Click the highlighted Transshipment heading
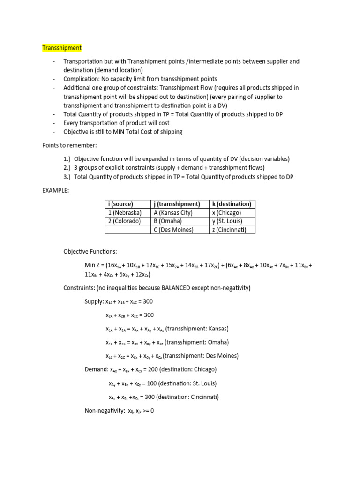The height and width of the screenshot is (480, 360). tap(62, 48)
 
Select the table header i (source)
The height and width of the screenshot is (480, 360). tap(121, 204)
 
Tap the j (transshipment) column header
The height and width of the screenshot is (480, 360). tap(177, 204)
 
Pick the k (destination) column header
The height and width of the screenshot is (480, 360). tap(232, 204)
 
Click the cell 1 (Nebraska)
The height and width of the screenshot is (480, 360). tap(125, 212)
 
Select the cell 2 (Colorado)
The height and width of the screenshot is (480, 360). tap(124, 221)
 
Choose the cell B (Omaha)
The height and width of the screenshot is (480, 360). tap(168, 221)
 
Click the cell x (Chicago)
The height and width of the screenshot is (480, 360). tap(227, 212)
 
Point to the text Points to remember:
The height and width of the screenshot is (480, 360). tap(69, 145)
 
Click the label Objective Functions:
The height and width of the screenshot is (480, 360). tap(90, 252)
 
